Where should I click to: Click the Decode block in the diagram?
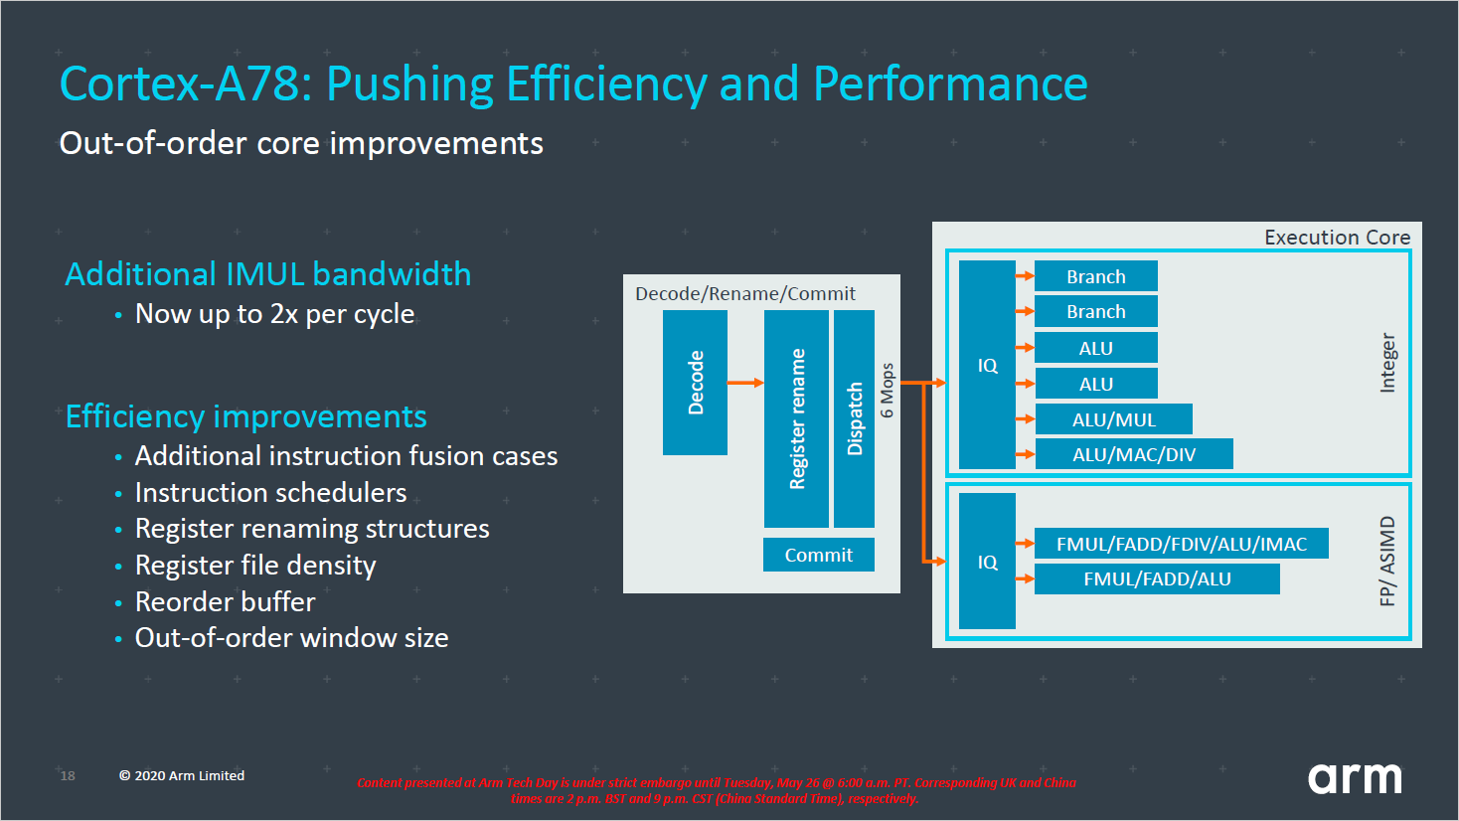[695, 383]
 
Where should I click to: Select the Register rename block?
[796, 418]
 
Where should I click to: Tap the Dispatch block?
[854, 418]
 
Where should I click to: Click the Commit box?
[818, 555]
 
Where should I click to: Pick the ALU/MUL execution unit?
[1113, 419]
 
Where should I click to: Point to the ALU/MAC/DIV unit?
[1133, 454]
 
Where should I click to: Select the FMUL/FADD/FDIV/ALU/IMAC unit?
[1181, 544]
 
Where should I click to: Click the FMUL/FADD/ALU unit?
[1157, 578]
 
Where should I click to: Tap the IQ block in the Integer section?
[987, 365]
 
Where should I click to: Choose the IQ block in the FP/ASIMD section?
[987, 562]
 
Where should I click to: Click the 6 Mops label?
[888, 391]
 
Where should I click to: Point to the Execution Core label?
[1337, 238]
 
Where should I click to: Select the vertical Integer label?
[1387, 363]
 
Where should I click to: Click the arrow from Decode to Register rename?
[745, 383]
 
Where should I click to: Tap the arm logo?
[1355, 777]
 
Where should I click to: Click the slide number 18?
[68, 776]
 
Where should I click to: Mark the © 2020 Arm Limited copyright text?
[182, 776]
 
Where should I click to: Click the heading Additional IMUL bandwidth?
[268, 274]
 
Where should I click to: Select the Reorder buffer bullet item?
[225, 602]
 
